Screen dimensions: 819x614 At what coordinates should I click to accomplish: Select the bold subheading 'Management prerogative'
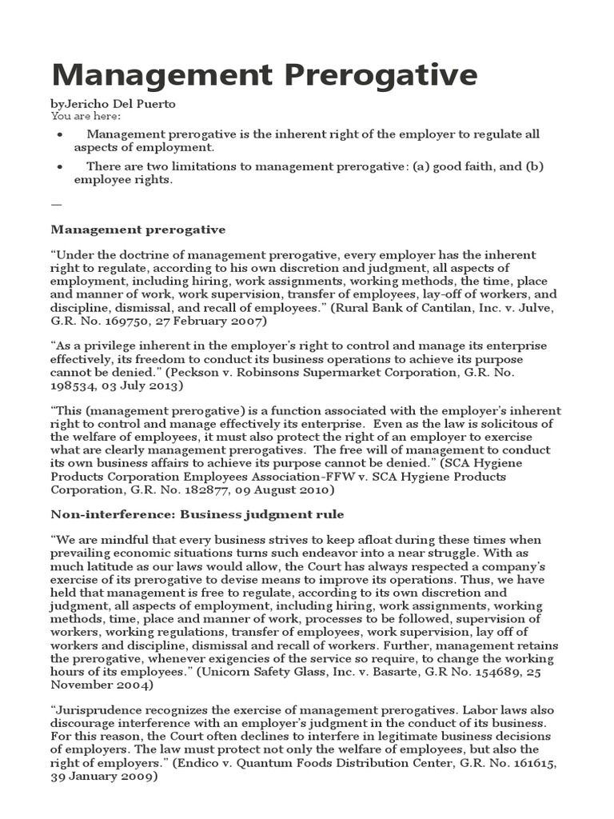coord(138,230)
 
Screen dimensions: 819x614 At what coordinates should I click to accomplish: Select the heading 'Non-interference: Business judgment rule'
coord(197,513)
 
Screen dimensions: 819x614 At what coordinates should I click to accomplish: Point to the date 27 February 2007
coord(211,321)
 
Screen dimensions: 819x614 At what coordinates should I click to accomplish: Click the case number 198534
coord(74,385)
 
